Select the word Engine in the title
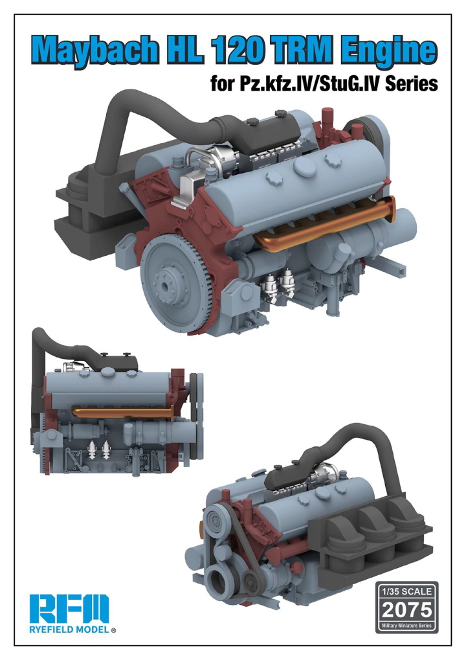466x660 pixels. tap(388, 50)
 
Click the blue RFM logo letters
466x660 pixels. tap(69, 611)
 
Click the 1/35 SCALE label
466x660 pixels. tap(406, 591)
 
